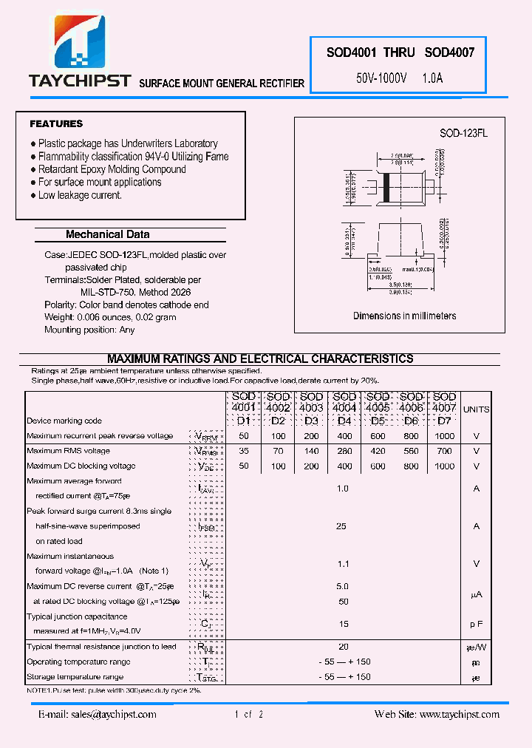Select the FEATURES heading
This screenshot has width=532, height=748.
pyautogui.click(x=56, y=124)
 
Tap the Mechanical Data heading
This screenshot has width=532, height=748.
pyautogui.click(x=108, y=234)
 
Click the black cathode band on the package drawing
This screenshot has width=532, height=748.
pyautogui.click(x=385, y=187)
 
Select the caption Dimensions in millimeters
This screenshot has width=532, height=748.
pyautogui.click(x=404, y=316)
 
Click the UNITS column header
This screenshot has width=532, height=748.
pyautogui.click(x=476, y=409)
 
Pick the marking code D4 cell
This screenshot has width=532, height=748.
pyautogui.click(x=344, y=421)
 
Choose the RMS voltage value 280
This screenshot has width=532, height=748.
pyautogui.click(x=344, y=451)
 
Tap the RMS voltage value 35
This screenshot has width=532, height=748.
pyautogui.click(x=245, y=451)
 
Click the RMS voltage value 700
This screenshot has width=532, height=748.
pyautogui.click(x=444, y=451)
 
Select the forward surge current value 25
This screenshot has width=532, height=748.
pyautogui.click(x=341, y=526)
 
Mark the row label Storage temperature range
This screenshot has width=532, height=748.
pyautogui.click(x=75, y=677)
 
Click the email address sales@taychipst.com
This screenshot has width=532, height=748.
pyautogui.click(x=98, y=715)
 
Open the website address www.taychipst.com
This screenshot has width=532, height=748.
pyautogui.click(x=459, y=715)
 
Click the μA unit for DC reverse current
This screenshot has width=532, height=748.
pyautogui.click(x=476, y=594)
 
